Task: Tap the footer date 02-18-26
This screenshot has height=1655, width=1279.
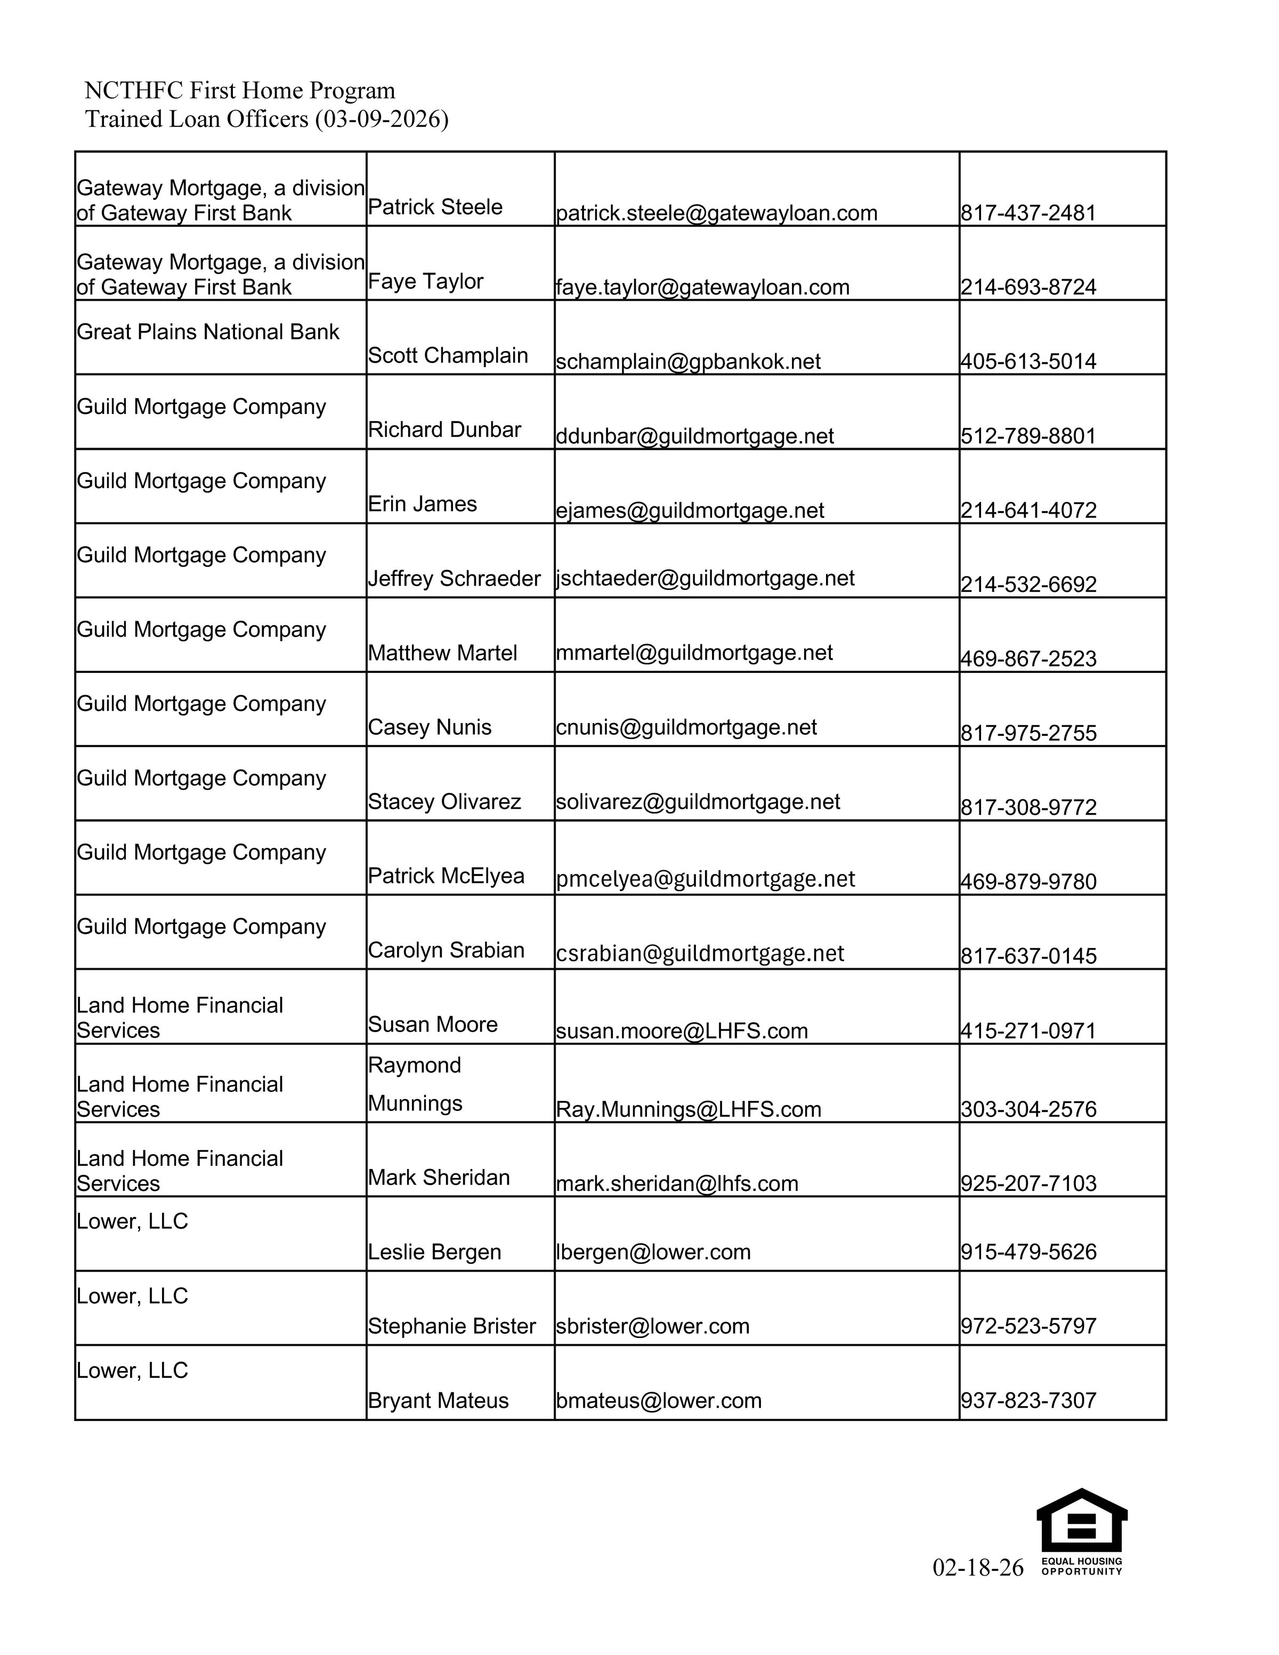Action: (977, 1567)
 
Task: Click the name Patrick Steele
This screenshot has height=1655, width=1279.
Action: (435, 207)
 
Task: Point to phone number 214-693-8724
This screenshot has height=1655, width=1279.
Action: (1028, 287)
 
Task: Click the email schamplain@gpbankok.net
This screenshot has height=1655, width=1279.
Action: (688, 361)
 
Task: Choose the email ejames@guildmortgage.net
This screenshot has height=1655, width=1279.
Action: (690, 510)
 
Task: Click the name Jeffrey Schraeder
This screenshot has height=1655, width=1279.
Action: (454, 578)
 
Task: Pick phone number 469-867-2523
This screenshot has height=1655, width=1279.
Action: (1028, 659)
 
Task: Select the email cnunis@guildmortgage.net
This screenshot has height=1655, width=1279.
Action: (686, 727)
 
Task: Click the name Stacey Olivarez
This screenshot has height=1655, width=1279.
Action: (444, 802)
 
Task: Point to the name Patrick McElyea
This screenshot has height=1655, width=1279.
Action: (446, 876)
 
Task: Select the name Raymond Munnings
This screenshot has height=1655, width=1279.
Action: (415, 1084)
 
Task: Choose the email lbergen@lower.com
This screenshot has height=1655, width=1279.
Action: (653, 1252)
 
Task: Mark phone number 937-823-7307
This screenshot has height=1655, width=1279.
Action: (1028, 1400)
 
